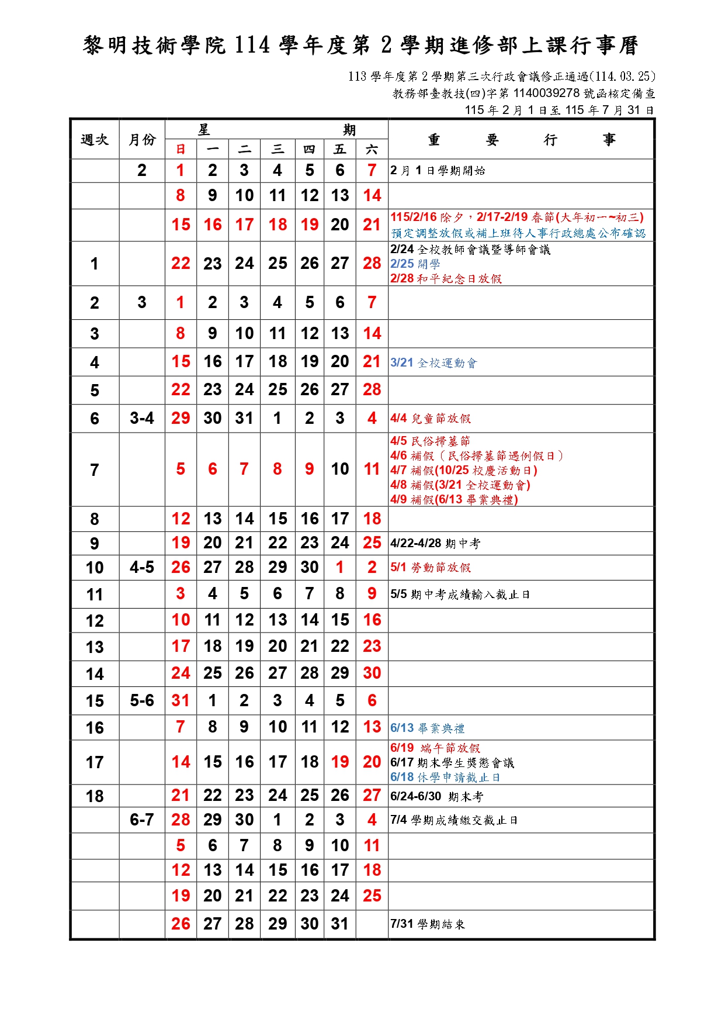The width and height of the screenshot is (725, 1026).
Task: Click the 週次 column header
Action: click(95, 140)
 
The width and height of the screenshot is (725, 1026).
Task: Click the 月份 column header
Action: click(142, 140)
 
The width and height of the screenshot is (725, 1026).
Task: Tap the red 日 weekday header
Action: click(181, 150)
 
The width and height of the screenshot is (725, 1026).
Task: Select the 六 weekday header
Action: click(372, 150)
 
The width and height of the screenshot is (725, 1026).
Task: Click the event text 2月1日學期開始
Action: click(438, 171)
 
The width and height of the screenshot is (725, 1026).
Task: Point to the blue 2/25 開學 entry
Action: click(415, 264)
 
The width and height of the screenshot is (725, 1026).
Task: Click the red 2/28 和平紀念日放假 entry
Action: click(446, 279)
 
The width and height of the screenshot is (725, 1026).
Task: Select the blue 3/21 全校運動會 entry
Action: click(433, 363)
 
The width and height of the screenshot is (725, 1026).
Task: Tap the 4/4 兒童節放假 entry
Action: click(431, 419)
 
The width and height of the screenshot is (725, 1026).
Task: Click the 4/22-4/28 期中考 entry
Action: click(435, 544)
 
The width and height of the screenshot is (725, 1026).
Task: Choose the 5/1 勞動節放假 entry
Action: click(431, 568)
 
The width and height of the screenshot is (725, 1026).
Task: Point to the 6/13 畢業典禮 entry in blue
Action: click(428, 728)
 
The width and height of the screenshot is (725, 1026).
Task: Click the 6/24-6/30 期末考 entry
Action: click(436, 797)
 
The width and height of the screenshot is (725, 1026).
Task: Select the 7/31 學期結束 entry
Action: click(428, 924)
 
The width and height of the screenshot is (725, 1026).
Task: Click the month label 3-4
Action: click(142, 419)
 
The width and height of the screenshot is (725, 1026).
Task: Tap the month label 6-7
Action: click(142, 820)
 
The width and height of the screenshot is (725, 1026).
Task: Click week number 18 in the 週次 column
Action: click(95, 796)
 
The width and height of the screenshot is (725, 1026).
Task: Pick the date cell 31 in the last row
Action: click(340, 924)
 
